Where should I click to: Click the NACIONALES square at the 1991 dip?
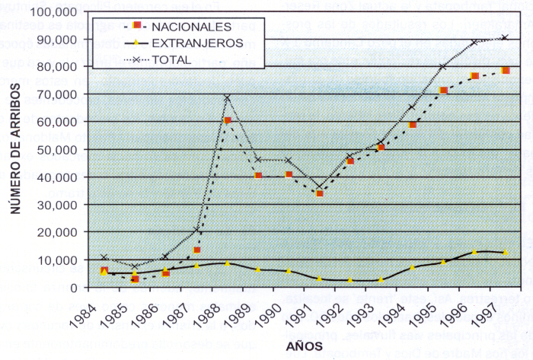coord(320,193)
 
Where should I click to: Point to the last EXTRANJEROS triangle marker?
coord(505,253)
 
